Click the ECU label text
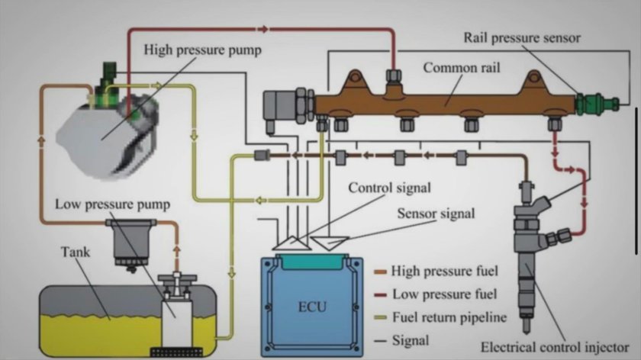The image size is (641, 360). [x=311, y=308]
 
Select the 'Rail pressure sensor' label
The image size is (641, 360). [x=522, y=37]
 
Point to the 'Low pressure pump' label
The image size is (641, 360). [x=112, y=204]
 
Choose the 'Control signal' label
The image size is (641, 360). [x=390, y=188]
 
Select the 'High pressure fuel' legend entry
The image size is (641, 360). [x=434, y=271]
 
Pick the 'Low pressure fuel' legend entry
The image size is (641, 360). [x=433, y=294]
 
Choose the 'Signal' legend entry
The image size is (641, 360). [x=409, y=340]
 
